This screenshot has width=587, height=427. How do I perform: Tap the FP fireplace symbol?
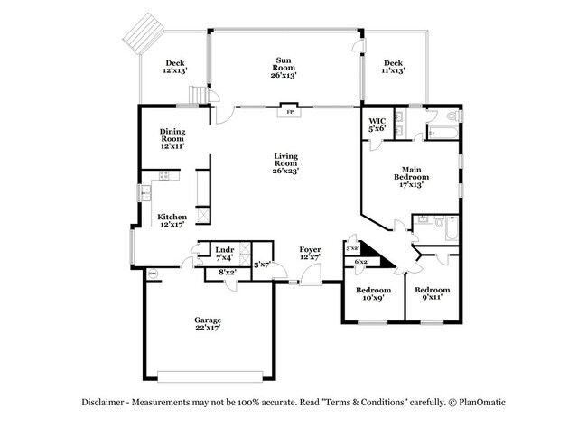click(289, 113)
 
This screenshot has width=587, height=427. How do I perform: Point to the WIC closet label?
click(377, 125)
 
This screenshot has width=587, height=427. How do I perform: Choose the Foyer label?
click(310, 252)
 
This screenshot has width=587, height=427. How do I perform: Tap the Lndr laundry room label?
click(224, 253)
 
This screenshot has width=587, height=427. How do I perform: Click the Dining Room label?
click(172, 138)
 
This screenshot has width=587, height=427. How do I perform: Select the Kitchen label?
click(172, 221)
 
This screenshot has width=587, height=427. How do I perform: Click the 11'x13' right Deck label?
click(393, 67)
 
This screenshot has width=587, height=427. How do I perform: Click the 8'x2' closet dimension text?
click(228, 272)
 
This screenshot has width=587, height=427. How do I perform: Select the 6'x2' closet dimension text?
click(360, 262)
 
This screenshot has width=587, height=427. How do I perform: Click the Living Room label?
click(286, 163)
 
